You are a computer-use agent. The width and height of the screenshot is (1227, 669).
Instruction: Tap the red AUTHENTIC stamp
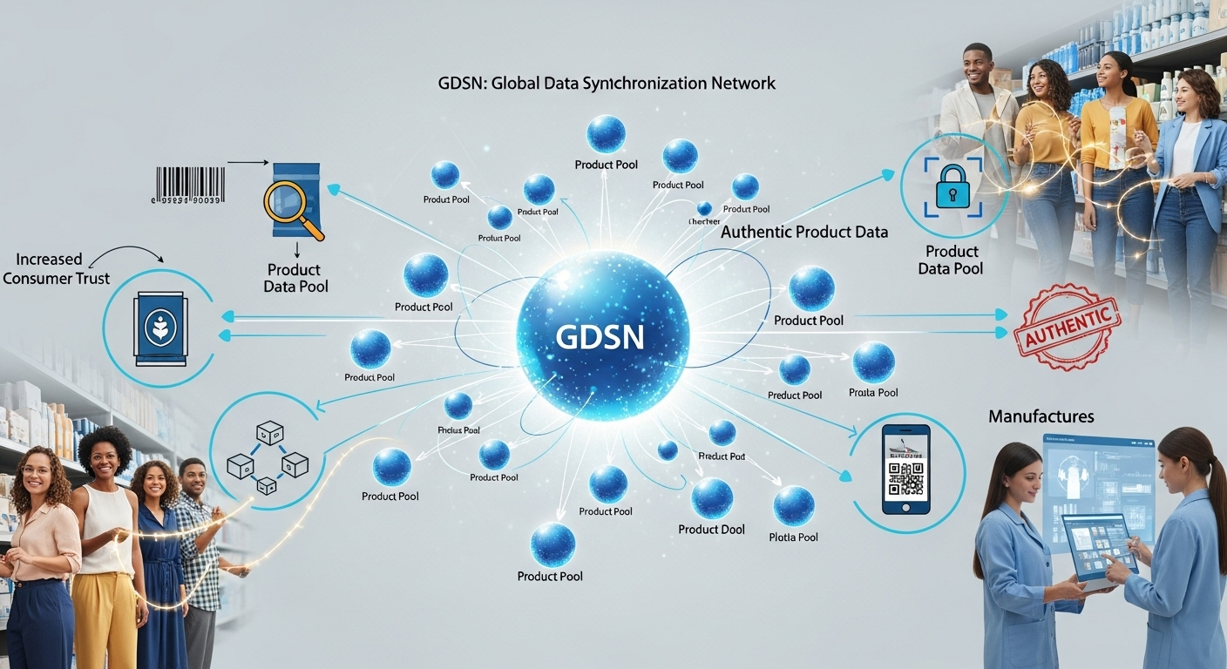[x=1066, y=326]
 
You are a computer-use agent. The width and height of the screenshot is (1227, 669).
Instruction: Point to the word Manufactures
[x=1041, y=416]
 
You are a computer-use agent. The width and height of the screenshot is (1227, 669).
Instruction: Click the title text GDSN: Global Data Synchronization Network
[x=607, y=84]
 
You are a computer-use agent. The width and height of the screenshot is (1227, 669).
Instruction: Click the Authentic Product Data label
[x=804, y=232]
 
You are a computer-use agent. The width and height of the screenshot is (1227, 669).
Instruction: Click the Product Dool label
[x=711, y=530]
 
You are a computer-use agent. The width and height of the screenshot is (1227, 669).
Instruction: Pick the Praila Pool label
[x=873, y=393]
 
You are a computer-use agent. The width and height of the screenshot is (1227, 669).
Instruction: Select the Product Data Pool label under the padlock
[x=950, y=260]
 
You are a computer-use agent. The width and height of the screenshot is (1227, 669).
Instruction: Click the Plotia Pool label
[x=794, y=537]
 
